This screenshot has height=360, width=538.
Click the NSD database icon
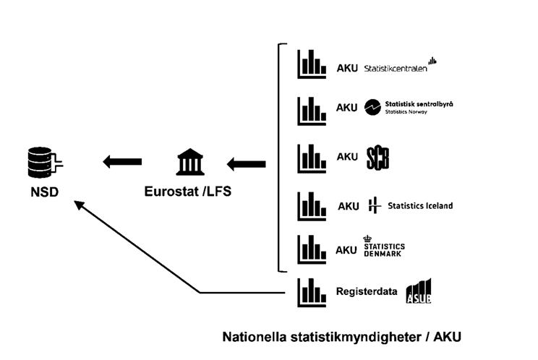tap(45, 163)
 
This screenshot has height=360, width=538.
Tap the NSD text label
tap(45, 192)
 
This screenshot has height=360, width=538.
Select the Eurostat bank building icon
tap(190, 162)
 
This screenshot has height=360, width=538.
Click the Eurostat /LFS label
tap(188, 192)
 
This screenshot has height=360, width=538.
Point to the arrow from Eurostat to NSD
tap(122, 161)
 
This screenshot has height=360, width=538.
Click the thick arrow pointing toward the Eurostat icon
tap(246, 164)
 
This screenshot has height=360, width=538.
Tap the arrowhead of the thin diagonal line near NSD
tap(79, 205)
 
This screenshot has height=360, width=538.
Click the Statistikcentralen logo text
tap(396, 69)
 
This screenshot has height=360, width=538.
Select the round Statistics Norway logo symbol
tap(372, 107)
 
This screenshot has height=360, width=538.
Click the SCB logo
tap(377, 158)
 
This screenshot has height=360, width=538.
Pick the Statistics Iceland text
tap(420, 206)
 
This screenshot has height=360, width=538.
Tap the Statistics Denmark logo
tap(384, 247)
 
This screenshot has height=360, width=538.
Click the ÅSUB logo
tap(419, 291)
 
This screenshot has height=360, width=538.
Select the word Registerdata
tap(367, 291)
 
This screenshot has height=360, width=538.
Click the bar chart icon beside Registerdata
tap(312, 292)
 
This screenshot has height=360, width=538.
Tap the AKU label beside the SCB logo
tap(347, 157)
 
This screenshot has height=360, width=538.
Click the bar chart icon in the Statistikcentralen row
tap(312, 64)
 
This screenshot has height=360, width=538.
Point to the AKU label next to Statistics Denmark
tap(346, 250)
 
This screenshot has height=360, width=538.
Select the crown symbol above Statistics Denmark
tap(367, 239)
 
